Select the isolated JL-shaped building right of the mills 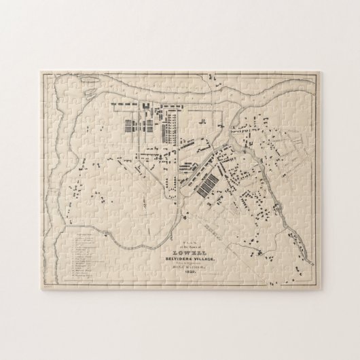coord(203,122)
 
